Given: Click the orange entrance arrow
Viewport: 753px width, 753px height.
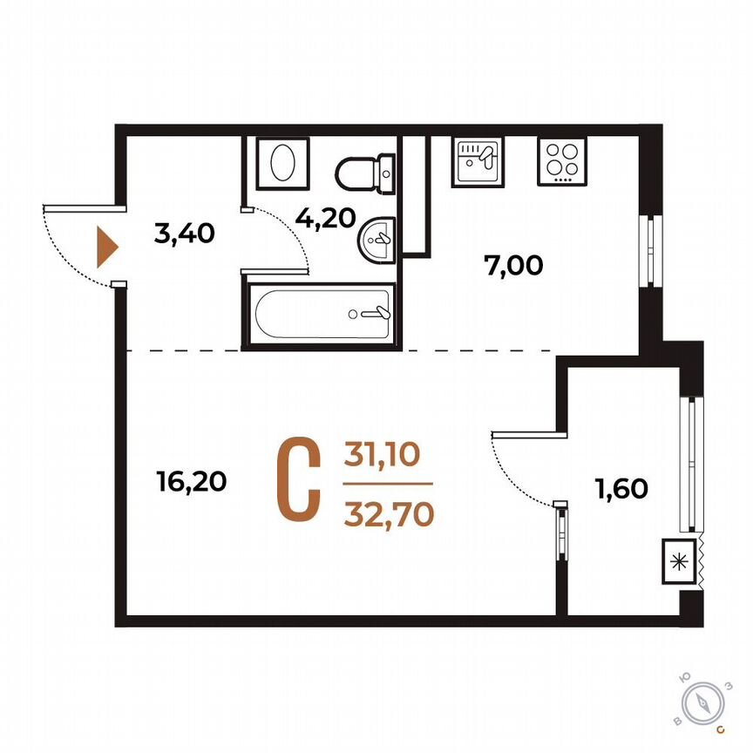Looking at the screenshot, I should point(105,248).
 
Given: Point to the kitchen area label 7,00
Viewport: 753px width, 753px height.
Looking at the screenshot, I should point(513,265).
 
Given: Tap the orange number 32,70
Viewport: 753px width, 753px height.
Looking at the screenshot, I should point(389,515).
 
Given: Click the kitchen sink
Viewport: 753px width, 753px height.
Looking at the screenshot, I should point(477,161).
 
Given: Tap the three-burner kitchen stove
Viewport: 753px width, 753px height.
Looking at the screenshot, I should point(560,161).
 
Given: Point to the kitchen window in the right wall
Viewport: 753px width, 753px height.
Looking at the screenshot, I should point(647,250).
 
